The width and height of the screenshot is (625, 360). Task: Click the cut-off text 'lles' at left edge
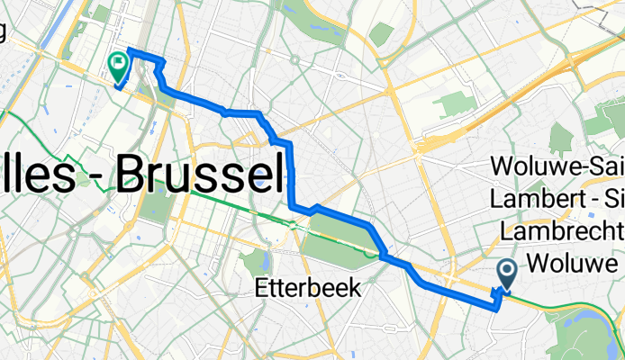click(34, 171)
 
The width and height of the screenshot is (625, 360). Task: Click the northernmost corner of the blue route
click(130, 49)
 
